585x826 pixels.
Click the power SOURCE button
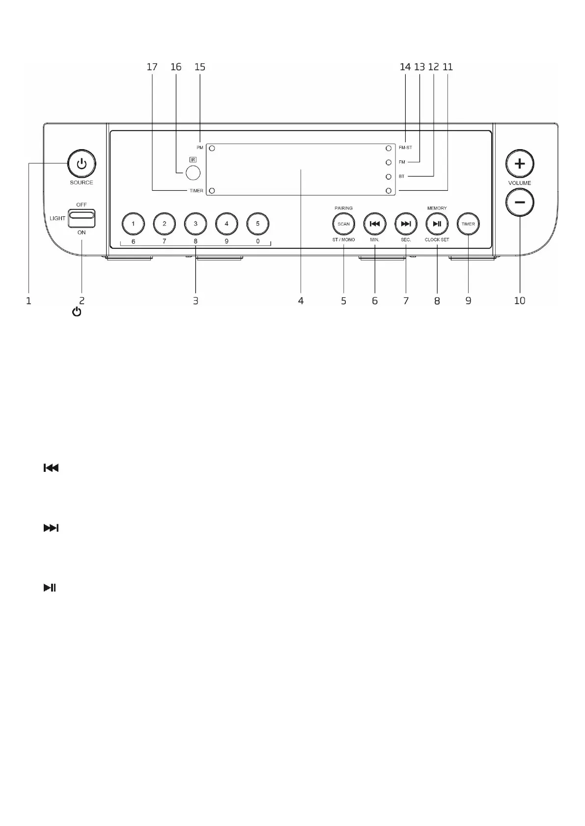[82, 164]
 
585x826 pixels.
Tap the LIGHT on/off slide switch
[82, 215]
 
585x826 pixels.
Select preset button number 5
[258, 224]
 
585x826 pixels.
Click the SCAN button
[343, 224]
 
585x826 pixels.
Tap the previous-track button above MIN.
[375, 224]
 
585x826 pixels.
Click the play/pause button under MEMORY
[437, 224]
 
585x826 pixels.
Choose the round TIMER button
[468, 224]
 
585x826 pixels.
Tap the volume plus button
[520, 164]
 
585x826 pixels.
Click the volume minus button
[520, 203]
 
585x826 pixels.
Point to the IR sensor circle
[193, 173]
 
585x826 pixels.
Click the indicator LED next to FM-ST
[389, 148]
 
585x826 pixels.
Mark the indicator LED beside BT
[389, 176]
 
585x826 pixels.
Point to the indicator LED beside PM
[212, 148]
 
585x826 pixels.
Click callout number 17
[152, 67]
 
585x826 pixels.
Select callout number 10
[519, 301]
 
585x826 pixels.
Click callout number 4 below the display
[301, 301]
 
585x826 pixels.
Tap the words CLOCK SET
[437, 240]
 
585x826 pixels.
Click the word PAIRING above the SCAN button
[343, 208]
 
